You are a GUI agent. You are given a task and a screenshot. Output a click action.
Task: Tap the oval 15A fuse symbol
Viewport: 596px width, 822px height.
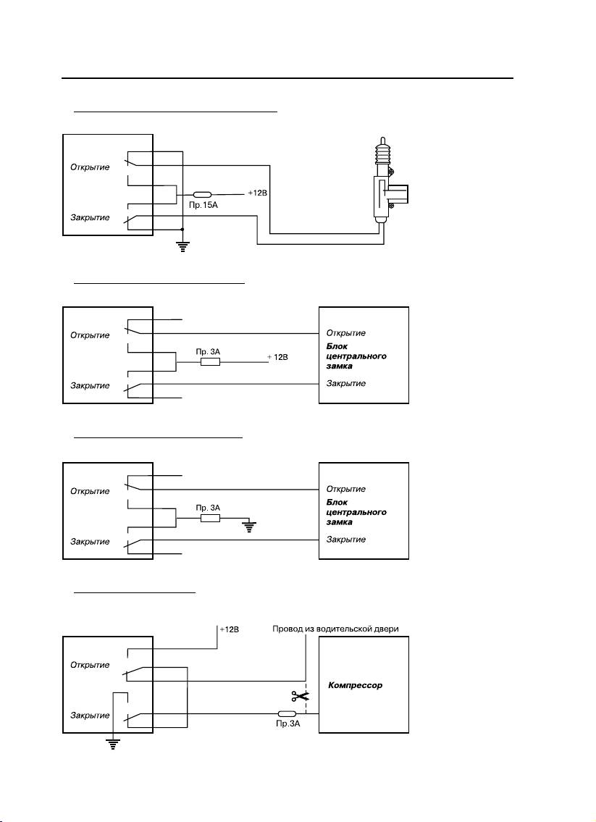[202, 195]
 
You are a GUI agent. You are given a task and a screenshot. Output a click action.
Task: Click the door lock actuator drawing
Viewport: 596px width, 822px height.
[384, 182]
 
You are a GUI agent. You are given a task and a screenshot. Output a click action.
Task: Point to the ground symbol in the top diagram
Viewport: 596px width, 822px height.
[182, 246]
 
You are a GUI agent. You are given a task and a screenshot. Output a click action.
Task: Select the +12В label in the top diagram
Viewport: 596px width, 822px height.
[258, 193]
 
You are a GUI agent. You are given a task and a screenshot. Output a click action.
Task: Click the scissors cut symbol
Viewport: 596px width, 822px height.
[297, 697]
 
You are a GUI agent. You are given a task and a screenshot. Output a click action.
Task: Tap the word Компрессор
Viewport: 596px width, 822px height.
[355, 684]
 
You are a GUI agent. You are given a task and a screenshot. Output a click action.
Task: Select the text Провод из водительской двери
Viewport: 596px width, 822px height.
[335, 629]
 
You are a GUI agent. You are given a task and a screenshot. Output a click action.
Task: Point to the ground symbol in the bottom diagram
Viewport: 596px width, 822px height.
[112, 743]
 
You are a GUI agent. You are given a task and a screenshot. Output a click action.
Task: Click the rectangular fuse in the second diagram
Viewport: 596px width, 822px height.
[210, 361]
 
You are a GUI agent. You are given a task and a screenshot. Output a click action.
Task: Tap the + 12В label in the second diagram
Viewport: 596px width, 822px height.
[277, 358]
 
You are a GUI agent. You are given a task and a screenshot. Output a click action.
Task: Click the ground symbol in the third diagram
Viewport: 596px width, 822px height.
[250, 527]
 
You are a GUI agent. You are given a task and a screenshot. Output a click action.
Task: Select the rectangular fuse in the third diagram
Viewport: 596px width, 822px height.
[210, 519]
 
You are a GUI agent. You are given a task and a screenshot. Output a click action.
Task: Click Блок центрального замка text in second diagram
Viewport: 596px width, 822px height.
[356, 356]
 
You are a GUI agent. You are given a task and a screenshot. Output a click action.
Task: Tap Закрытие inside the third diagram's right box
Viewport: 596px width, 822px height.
[345, 540]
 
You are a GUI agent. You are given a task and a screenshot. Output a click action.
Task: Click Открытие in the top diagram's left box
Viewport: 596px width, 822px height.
[90, 167]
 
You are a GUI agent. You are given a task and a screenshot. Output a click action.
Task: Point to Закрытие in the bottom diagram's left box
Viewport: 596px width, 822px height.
[90, 715]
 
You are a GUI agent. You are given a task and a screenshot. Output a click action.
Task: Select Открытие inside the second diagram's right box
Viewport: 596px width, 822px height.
[345, 333]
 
